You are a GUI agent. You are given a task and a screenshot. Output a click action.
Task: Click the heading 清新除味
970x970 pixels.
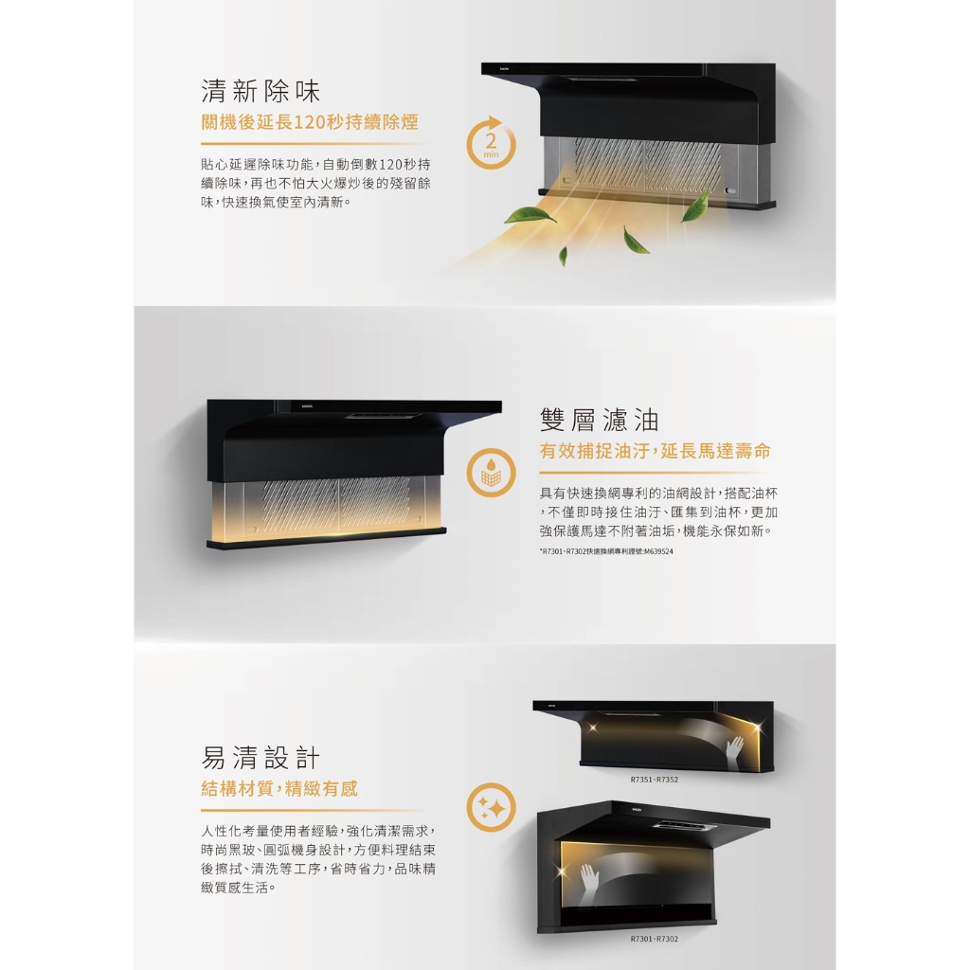click(260, 92)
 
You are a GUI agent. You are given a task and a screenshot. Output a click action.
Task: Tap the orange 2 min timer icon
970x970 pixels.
click(491, 144)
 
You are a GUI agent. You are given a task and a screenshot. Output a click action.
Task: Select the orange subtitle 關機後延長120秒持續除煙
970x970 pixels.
click(310, 122)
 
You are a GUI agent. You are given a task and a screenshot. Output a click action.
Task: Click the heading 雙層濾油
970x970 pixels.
click(599, 421)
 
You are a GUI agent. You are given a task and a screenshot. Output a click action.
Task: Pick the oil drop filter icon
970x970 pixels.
click(491, 473)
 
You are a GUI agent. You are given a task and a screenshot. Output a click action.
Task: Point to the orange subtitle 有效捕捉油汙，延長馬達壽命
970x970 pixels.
click(656, 451)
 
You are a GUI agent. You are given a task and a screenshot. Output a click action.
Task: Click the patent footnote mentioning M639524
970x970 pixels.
click(606, 551)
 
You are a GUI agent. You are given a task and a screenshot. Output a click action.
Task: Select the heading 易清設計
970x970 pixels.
click(260, 758)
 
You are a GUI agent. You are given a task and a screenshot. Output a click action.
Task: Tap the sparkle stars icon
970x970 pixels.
click(491, 808)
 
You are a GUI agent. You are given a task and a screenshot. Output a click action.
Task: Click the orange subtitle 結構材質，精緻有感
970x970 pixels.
click(279, 789)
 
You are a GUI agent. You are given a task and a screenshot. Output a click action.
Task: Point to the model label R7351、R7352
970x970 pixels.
click(654, 780)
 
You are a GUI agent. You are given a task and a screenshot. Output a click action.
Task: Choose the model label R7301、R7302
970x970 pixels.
click(654, 939)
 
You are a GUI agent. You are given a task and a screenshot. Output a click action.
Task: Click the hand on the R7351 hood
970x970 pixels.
click(734, 750)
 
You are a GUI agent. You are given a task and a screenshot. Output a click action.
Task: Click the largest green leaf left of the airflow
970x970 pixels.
click(530, 216)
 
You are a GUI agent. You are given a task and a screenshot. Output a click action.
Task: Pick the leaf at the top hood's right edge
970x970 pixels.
click(695, 206)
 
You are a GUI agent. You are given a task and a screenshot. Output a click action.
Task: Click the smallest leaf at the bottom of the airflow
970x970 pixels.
click(563, 256)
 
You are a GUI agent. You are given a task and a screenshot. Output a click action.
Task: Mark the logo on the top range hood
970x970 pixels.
click(505, 69)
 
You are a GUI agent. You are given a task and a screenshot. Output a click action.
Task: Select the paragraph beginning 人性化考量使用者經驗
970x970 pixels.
click(318, 859)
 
